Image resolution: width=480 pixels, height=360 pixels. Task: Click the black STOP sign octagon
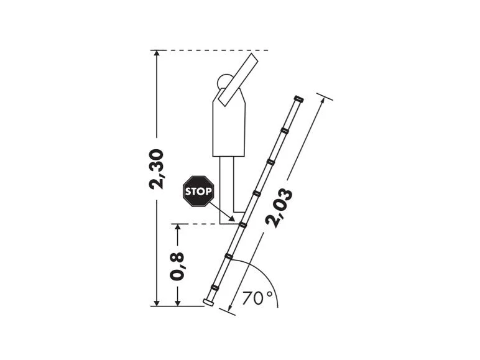coord(198,191)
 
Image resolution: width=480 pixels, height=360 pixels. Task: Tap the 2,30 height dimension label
coord(157,168)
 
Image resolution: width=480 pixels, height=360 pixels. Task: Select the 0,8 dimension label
coord(178,265)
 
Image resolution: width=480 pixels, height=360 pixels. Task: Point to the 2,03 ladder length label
coord(279,208)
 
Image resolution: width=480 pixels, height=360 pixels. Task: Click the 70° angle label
coord(257,298)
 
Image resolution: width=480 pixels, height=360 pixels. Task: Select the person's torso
coord(228,127)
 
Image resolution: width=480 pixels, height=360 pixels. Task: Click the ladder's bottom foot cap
coord(210,302)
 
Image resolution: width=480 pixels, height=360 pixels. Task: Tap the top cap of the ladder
coord(298,98)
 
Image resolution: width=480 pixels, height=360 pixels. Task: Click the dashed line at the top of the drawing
coord(211,50)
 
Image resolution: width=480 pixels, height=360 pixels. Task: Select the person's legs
coord(228,183)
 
